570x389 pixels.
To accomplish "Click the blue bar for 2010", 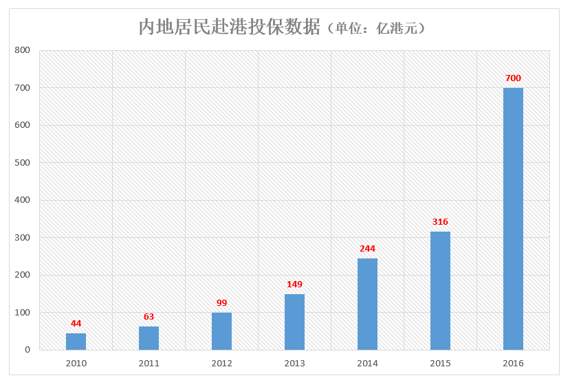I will [x=76, y=342].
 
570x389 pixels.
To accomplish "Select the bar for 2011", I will [x=149, y=338].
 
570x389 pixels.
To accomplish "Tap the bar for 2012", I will [x=221, y=331].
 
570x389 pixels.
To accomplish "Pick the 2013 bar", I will [x=294, y=322].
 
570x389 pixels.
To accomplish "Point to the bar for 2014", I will [x=367, y=304].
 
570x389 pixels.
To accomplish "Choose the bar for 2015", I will [x=440, y=291].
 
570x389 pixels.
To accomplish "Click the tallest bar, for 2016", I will [x=513, y=219].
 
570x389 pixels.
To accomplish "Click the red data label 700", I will [x=513, y=78].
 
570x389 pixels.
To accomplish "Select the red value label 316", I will [x=440, y=222].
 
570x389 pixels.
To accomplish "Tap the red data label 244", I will [x=367, y=249].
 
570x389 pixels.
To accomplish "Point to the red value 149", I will [x=294, y=285].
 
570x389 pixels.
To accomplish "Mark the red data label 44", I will [x=76, y=324].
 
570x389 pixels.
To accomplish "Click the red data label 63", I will [x=149, y=317].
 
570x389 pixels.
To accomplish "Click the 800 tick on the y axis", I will [x=23, y=50].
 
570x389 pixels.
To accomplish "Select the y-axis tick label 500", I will [x=23, y=163].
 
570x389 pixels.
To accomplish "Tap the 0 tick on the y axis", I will [x=28, y=350].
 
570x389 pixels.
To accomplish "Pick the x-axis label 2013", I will [x=294, y=364].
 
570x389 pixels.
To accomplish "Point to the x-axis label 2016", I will [x=513, y=364].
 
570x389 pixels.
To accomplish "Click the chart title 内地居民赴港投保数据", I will [x=230, y=27].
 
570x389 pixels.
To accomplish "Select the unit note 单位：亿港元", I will [x=377, y=29].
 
